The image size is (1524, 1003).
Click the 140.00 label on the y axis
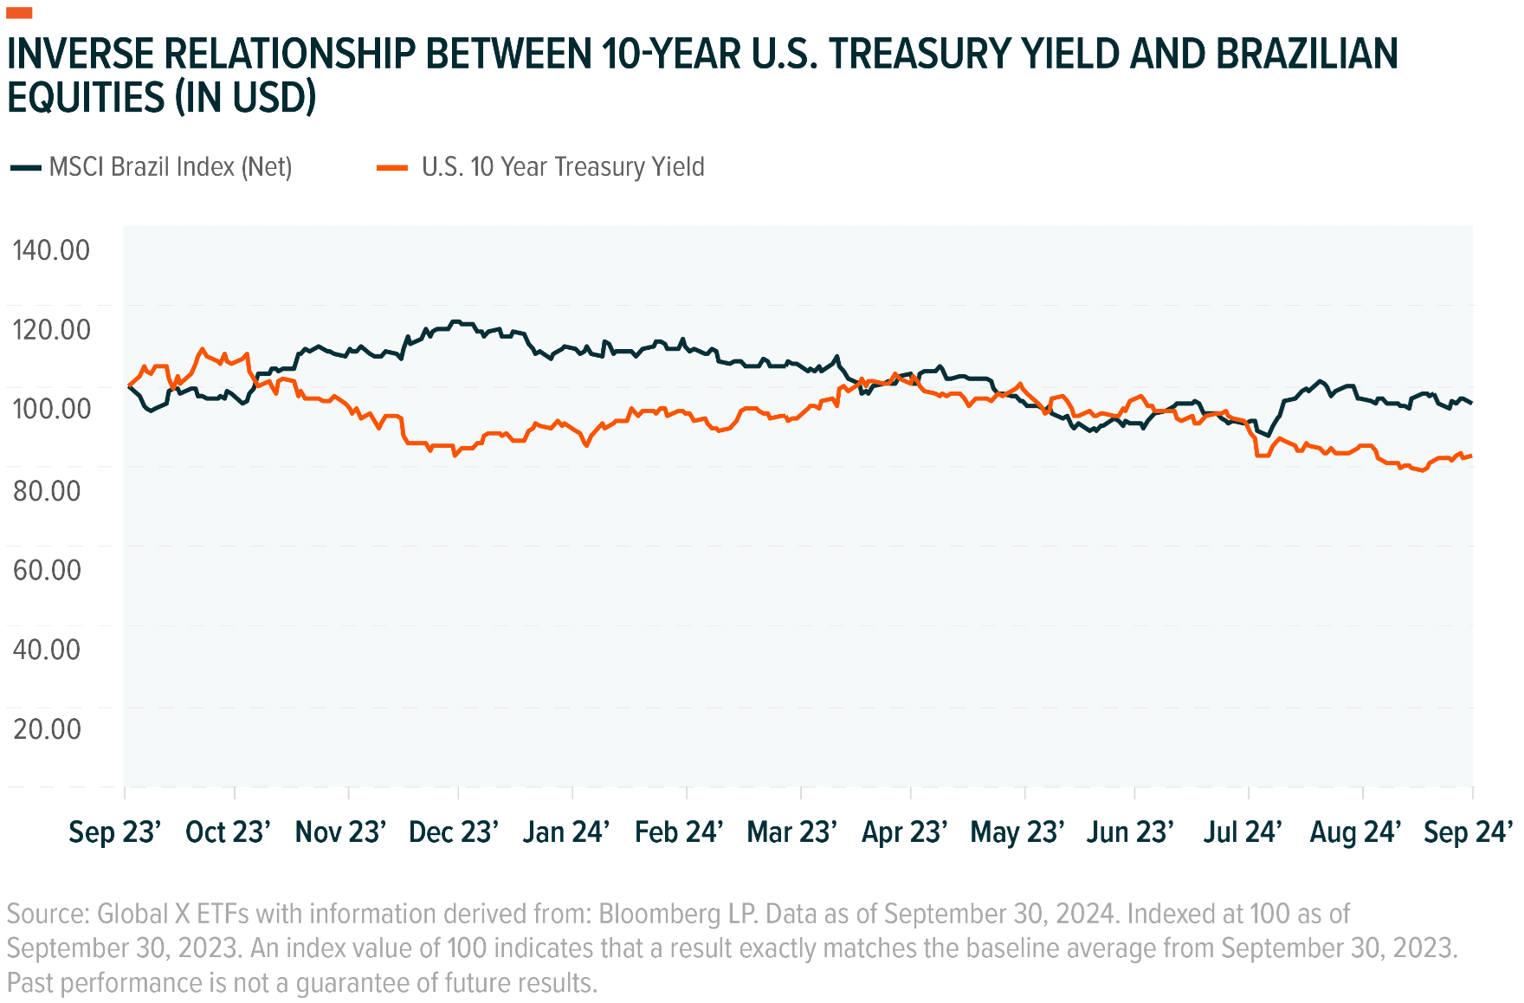pyautogui.click(x=51, y=250)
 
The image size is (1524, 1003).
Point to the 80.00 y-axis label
pyautogui.click(x=47, y=491)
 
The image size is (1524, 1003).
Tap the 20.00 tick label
pyautogui.click(x=47, y=729)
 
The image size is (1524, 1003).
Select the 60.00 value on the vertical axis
pyautogui.click(x=47, y=570)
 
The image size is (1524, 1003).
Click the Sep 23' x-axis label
pyautogui.click(x=115, y=832)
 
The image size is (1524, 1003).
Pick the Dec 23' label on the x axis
pyautogui.click(x=454, y=832)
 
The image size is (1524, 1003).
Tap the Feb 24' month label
pyautogui.click(x=679, y=832)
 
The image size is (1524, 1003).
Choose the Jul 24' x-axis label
pyautogui.click(x=1243, y=832)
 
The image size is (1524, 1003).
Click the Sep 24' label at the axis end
pyautogui.click(x=1469, y=832)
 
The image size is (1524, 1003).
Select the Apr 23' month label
pyautogui.click(x=905, y=832)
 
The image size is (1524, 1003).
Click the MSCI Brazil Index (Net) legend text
pyautogui.click(x=171, y=167)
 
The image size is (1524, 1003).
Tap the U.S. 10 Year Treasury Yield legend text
pyautogui.click(x=563, y=167)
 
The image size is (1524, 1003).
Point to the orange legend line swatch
pyautogui.click(x=392, y=167)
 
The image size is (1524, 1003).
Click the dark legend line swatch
pyautogui.click(x=25, y=167)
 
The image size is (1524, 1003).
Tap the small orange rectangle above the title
pyautogui.click(x=19, y=12)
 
